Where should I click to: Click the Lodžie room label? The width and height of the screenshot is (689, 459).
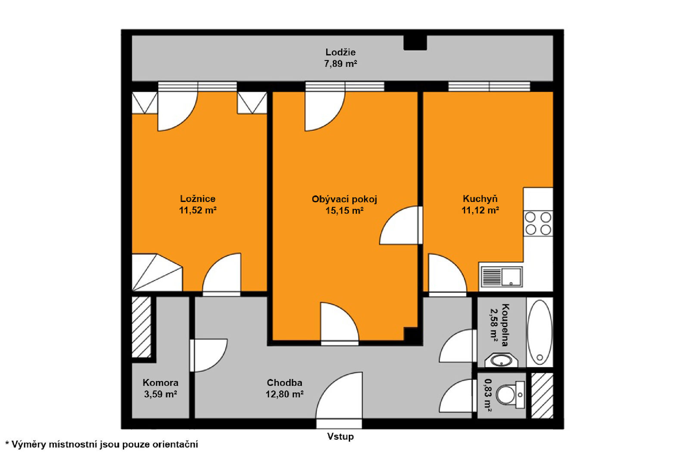[340, 52]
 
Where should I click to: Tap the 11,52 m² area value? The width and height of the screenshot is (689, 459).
[198, 211]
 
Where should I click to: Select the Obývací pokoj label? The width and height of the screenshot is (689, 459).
[344, 199]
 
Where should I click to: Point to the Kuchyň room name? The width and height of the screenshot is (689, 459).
[480, 199]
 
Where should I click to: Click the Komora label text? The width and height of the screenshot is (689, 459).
[160, 383]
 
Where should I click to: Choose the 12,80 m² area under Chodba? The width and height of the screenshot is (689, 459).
[285, 394]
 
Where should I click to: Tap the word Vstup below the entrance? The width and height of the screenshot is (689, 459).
[340, 437]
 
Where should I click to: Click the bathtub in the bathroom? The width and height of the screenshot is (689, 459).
[540, 332]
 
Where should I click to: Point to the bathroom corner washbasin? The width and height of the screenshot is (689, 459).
[501, 360]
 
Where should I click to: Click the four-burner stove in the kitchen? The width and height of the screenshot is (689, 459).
[538, 223]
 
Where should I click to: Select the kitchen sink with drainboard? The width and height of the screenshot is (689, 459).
[501, 277]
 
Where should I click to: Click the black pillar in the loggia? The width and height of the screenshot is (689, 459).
[415, 43]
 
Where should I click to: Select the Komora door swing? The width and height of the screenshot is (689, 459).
[208, 355]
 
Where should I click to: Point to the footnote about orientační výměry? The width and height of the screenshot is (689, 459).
[102, 444]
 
